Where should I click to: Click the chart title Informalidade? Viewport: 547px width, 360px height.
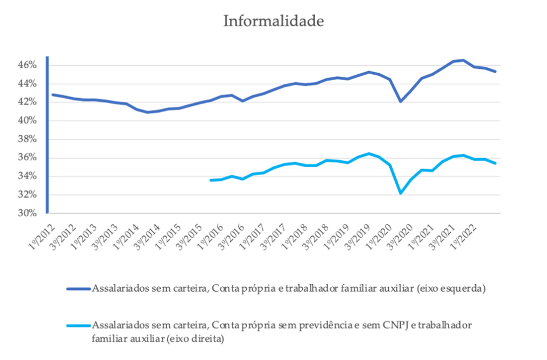coord(273,21)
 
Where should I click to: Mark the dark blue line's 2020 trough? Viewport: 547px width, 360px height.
coord(401,101)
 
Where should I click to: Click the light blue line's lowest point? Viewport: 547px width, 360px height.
coord(401,193)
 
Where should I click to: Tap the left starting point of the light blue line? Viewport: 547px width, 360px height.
coord(211,180)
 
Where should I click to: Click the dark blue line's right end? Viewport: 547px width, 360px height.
coord(496,72)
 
